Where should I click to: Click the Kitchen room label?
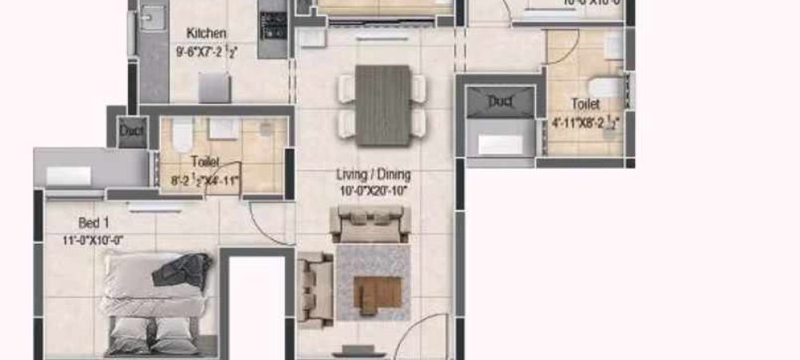click(x=206, y=34)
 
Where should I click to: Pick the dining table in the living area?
click(x=382, y=104)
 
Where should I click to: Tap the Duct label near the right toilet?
click(x=501, y=102)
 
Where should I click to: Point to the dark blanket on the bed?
click(x=182, y=269)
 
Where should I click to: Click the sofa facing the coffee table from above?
click(x=370, y=223)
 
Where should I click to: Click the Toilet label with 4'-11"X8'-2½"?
click(x=586, y=104)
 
